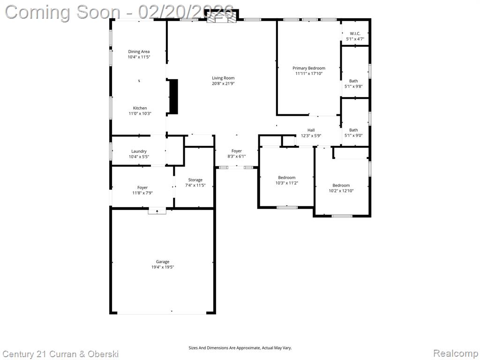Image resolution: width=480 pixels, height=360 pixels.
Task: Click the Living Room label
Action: pos(223,78)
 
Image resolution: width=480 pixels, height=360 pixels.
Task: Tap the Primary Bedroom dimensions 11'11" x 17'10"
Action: pos(309,74)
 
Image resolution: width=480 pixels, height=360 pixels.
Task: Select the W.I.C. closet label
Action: pos(355,34)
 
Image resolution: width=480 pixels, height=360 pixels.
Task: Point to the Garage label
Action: pos(163,262)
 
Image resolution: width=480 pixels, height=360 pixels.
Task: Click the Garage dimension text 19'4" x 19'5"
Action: pos(163,267)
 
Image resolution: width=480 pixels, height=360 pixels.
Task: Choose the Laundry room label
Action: pos(139,151)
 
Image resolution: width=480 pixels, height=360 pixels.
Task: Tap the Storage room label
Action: pos(195,180)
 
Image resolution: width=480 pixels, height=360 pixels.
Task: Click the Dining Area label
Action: pos(139,52)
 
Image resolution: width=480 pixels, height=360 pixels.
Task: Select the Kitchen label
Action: pos(140,108)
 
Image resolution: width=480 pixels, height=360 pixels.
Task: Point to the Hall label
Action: pos(311,130)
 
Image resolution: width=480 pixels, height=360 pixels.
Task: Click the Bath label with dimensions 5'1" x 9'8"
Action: pos(353,81)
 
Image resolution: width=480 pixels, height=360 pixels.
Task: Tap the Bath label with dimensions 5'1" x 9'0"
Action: pos(353,130)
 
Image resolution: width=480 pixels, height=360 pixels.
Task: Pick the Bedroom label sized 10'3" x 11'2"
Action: pos(287,178)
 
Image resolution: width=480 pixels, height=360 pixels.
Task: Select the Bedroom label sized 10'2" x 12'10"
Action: pos(341,185)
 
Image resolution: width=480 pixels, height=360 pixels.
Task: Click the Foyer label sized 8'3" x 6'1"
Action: pos(237,151)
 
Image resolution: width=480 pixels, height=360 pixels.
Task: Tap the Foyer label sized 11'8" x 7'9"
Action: pos(142,187)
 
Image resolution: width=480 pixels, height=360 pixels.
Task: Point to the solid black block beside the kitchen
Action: pos(173,97)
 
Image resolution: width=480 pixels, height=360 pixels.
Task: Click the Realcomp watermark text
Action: pos(456,353)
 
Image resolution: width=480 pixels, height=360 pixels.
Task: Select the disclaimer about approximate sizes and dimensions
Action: pos(240,348)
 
